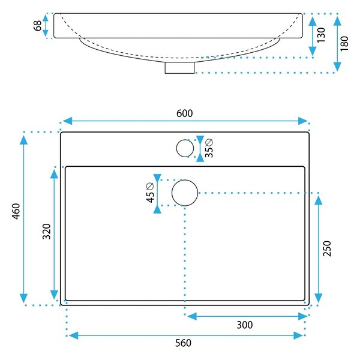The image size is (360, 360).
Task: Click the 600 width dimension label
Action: pos(185,113)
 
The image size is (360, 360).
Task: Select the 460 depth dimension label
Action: pos(16,211)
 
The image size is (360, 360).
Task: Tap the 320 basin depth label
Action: pos(47,231)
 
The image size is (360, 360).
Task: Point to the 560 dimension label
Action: pos(183,343)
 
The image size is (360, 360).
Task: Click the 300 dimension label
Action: pos(245,325)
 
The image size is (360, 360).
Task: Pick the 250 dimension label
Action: pos(327,248)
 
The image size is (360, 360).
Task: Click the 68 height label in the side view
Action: pos(38,25)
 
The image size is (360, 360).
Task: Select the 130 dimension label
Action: pos(321,35)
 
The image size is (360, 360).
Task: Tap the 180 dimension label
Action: pos(344,43)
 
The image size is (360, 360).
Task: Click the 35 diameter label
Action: pos(209,148)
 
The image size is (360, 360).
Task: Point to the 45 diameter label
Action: pos(150,193)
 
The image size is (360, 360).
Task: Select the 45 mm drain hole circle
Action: pos(185,180)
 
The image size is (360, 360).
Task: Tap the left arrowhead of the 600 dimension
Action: pos(67,121)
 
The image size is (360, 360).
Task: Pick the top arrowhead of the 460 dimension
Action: pos(23,140)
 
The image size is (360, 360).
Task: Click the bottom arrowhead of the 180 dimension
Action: pos(337,67)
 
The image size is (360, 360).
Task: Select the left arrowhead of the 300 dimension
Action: pos(192,316)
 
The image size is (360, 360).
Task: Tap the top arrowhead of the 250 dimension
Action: pos(318,200)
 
